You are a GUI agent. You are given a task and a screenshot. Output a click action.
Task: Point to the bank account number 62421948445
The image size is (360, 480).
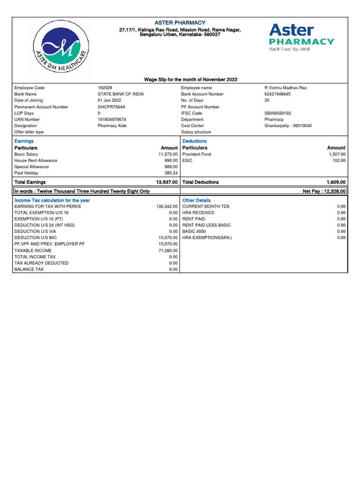tap(277, 94)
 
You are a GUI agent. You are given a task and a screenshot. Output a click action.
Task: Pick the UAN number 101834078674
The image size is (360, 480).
tap(112, 120)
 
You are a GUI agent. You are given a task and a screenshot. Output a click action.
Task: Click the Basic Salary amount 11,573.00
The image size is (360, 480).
tap(167, 154)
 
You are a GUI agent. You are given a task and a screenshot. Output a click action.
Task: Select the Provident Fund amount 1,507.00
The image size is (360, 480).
tap(337, 154)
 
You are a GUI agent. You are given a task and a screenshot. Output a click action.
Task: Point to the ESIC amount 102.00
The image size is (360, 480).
tap(339, 160)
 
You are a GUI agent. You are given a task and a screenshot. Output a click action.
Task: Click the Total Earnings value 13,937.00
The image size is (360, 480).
tap(166, 182)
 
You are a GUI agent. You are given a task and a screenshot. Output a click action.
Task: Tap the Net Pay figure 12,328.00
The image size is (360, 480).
tap(324, 191)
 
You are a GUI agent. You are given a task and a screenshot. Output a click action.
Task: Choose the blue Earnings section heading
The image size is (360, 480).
tap(24, 141)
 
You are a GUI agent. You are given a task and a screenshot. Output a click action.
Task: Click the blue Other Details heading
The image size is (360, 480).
tap(196, 200)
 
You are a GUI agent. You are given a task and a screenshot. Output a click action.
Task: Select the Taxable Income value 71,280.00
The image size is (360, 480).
tap(168, 250)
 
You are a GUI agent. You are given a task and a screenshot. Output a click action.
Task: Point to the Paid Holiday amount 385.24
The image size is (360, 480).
tap(171, 173)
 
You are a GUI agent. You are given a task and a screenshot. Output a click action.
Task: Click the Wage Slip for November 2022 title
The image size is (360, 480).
tap(190, 80)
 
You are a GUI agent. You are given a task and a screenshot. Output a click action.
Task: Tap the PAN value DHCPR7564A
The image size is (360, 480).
tap(111, 107)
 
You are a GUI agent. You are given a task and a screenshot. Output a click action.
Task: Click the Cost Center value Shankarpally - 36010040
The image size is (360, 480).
tap(288, 126)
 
